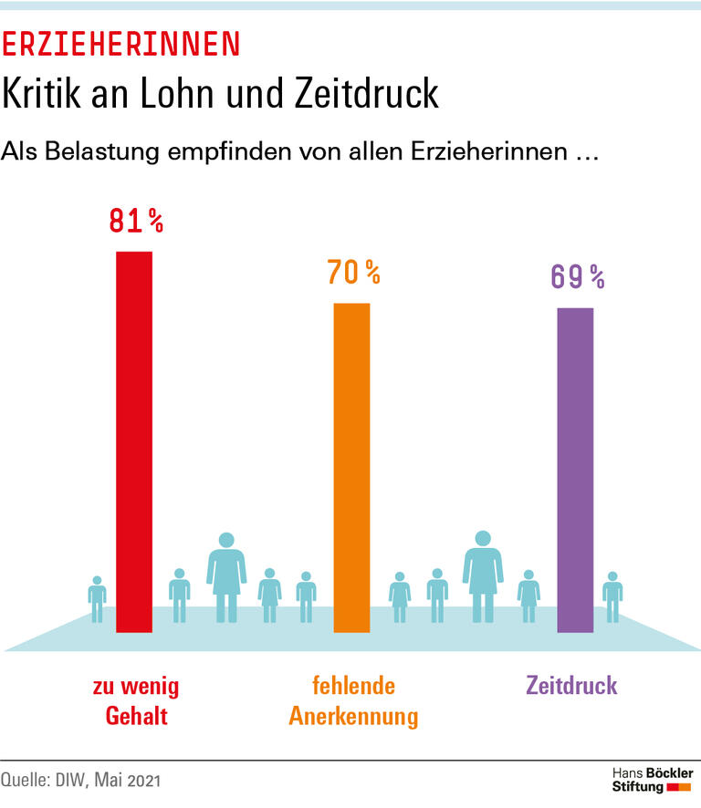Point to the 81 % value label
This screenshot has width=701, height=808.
136,221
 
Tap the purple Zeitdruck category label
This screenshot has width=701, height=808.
571,685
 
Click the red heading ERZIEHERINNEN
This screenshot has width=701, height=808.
121,42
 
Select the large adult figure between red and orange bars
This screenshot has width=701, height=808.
227,576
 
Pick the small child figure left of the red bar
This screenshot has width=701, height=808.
97,599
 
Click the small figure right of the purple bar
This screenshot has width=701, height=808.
612,596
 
